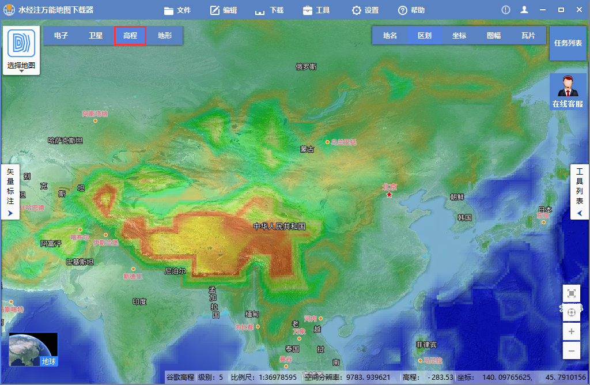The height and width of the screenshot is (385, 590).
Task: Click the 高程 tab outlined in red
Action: [130, 36]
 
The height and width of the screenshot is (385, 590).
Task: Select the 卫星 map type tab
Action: [96, 36]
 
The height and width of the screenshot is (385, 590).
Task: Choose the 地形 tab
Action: [165, 36]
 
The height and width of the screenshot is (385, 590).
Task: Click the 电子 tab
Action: [61, 36]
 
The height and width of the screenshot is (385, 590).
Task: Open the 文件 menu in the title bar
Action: [177, 10]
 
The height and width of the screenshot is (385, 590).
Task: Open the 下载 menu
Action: [269, 10]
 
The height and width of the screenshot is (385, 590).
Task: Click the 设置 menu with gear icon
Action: [365, 10]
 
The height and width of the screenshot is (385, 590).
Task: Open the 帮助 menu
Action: [411, 10]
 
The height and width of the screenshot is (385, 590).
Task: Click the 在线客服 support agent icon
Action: [568, 91]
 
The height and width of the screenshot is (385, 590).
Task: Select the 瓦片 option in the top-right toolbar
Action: [528, 36]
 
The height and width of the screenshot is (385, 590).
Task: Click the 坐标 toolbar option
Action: [459, 36]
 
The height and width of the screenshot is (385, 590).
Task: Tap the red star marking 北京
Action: [389, 195]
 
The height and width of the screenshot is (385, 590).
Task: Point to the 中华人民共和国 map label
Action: [279, 227]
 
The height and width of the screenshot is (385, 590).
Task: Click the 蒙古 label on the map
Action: [307, 149]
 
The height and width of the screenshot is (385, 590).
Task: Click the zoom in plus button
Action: [572, 331]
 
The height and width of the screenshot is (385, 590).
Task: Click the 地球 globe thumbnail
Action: [33, 349]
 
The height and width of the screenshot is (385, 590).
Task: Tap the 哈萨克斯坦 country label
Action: [65, 141]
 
